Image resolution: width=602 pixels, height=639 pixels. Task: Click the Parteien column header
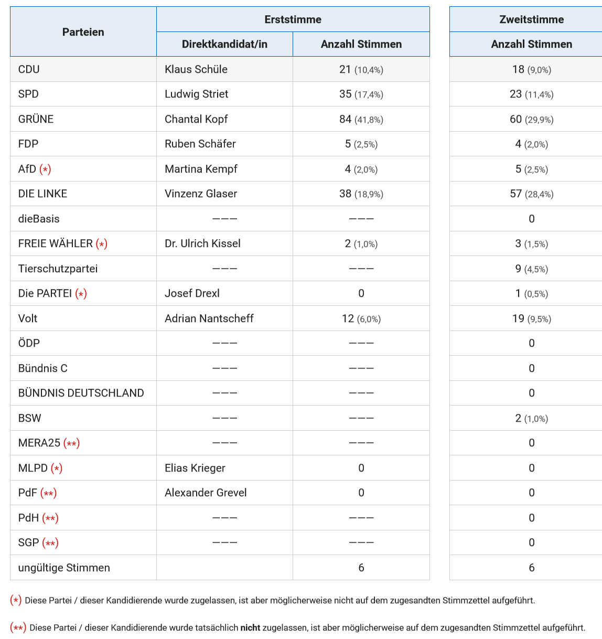[83, 32]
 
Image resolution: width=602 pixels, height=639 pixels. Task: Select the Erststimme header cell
[293, 19]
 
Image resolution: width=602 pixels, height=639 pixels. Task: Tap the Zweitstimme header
[531, 19]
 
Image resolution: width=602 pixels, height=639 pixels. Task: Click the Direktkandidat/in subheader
[224, 44]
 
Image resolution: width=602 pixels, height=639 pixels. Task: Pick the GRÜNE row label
[36, 119]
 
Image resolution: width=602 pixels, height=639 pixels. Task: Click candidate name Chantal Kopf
[196, 119]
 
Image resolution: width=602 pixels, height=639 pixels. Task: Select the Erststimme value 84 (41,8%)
[361, 119]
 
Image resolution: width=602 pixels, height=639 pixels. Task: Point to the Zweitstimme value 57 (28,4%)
[531, 194]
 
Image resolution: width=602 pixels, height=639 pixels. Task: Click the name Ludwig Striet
[196, 94]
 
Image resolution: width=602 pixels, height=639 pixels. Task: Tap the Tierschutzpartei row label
[58, 269]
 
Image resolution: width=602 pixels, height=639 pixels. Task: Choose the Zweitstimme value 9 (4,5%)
[531, 269]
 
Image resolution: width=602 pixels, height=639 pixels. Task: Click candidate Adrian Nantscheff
[209, 318]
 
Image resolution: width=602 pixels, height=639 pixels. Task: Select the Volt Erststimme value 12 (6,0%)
[361, 318]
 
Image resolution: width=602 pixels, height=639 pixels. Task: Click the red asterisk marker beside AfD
[45, 169]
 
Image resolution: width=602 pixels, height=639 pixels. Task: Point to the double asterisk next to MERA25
[71, 443]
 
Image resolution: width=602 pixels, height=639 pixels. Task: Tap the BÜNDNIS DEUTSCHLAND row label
[81, 393]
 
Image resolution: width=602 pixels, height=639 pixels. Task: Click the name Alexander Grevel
[206, 493]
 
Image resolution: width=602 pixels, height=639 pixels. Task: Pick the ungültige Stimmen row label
[64, 568]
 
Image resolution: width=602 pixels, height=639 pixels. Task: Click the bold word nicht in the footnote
[250, 627]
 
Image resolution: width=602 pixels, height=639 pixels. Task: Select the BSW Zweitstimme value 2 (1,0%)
[531, 418]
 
